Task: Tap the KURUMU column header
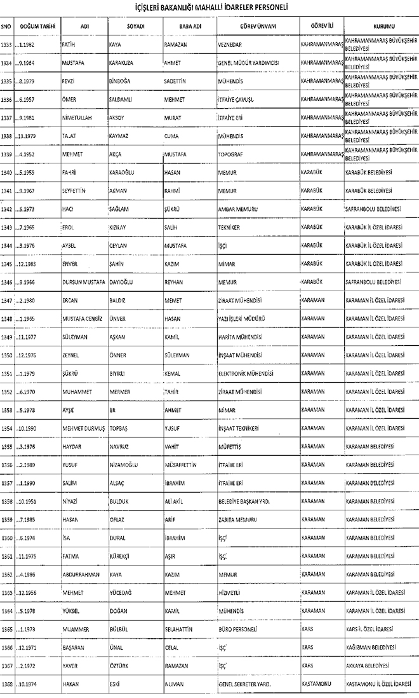click(x=380, y=27)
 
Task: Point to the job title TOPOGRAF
click(x=231, y=154)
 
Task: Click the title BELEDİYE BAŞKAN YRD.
click(x=244, y=519)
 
